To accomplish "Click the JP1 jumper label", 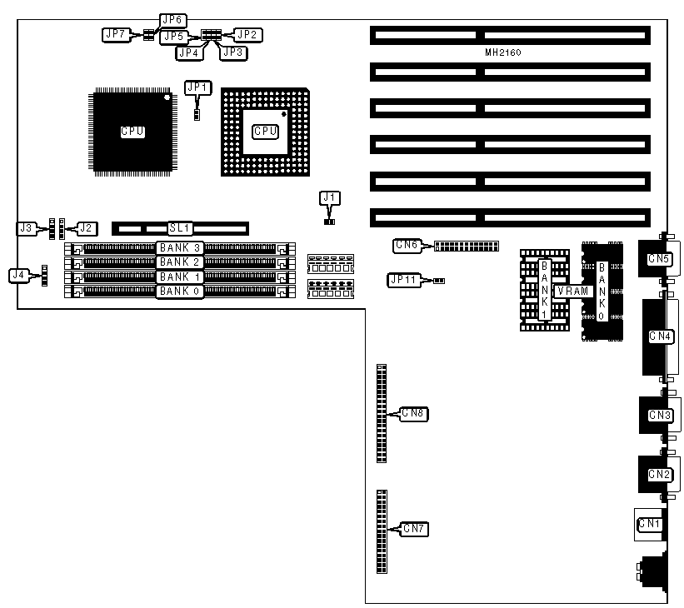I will [198, 87].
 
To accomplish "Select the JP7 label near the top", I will [114, 34].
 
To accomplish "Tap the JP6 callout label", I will [172, 20].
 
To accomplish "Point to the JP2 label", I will [247, 34].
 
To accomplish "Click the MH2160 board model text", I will [503, 52].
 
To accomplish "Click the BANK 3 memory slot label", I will [180, 247].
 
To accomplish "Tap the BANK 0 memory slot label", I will [180, 292].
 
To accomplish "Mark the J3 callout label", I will [27, 227].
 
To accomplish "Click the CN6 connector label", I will [406, 245].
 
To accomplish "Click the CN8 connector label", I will [414, 413].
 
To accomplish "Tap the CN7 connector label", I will [414, 528].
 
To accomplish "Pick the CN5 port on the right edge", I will [658, 259].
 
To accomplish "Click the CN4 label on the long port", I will [660, 336].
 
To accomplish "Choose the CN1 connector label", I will [649, 524].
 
